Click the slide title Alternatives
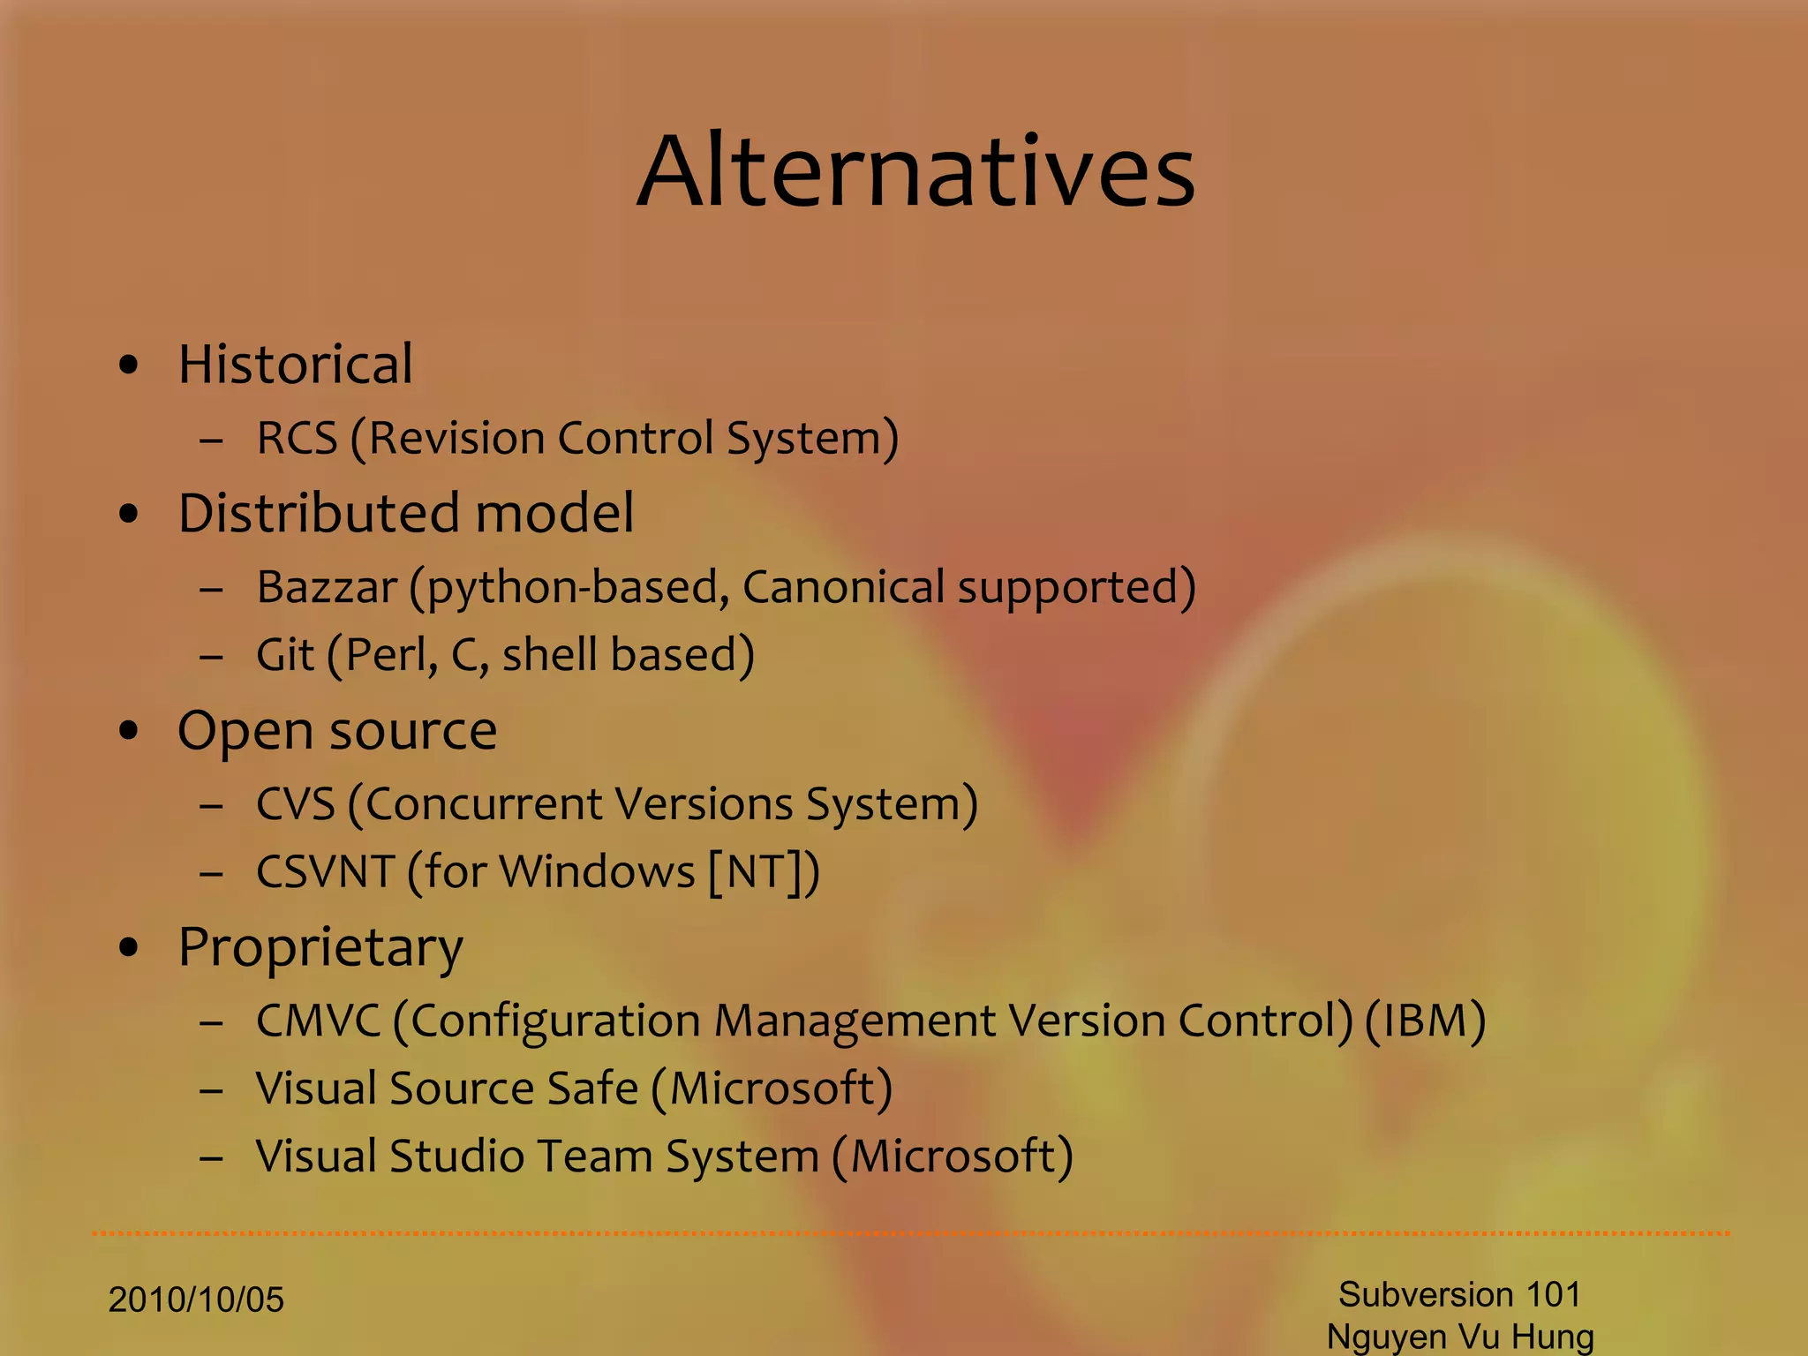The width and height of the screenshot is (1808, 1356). tap(915, 172)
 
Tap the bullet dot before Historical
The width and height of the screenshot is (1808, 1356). tap(129, 365)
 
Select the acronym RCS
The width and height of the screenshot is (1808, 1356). tap(297, 439)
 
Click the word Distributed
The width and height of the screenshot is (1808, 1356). tap(318, 513)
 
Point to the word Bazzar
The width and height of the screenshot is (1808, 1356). tap(327, 588)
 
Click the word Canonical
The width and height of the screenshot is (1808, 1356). tap(843, 588)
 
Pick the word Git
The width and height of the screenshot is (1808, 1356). tap(284, 655)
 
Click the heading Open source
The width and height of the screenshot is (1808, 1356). tap(337, 732)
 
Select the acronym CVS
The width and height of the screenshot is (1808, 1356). tap(296, 804)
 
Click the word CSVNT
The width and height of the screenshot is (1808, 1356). tap(325, 872)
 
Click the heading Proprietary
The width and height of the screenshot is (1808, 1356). tap(320, 948)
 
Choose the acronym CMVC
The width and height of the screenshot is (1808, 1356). tap(318, 1021)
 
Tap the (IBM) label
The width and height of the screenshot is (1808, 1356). tap(1425, 1021)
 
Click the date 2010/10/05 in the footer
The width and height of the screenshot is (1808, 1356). tap(196, 1300)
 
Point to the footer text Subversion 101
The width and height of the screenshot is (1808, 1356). tap(1459, 1295)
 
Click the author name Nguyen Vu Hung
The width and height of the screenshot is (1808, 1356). tap(1459, 1337)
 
